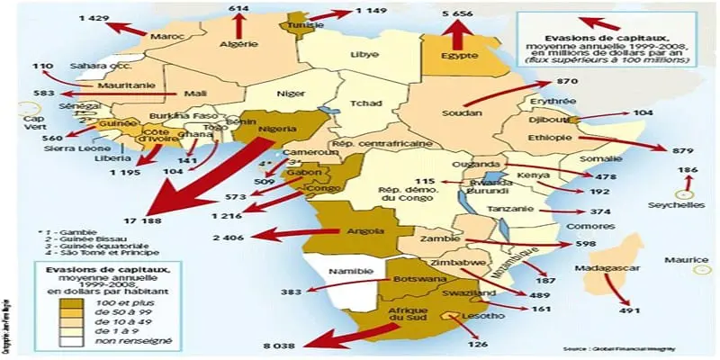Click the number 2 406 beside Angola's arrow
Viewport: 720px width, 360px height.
[230, 238]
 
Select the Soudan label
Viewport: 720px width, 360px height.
[461, 114]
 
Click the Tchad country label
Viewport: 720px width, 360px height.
[364, 103]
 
